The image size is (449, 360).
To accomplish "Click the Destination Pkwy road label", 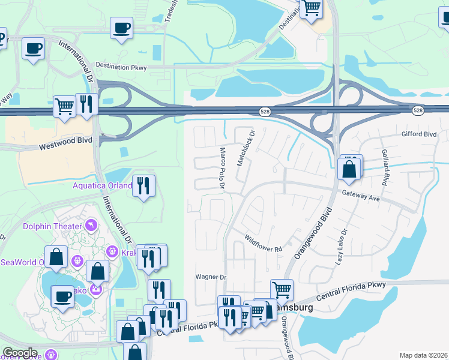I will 121,67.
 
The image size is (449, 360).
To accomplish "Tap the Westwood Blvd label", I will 65,143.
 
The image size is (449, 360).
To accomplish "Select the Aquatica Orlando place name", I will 103,185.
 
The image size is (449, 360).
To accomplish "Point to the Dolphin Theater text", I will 52,226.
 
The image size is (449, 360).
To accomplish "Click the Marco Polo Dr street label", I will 221,170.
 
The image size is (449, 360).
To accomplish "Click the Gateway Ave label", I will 361,196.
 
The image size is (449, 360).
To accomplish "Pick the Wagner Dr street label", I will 211,277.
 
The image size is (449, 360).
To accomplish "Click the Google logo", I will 20,353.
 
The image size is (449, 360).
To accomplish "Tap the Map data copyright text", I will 424,355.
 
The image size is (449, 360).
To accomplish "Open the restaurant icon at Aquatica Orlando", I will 143,185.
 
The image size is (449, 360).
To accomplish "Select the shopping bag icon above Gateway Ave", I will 349,169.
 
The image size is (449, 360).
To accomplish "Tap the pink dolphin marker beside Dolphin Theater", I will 90,226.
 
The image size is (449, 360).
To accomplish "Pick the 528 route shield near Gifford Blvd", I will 418,111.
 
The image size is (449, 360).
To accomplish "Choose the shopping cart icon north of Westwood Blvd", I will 64,107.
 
